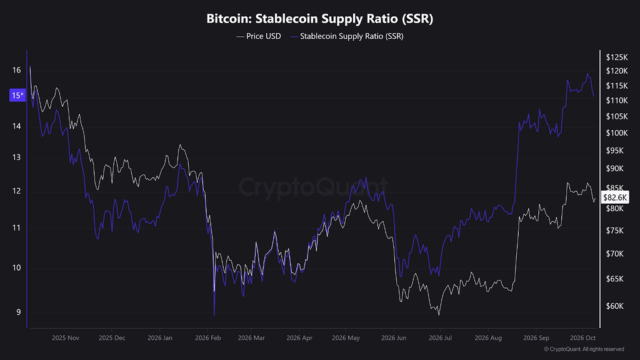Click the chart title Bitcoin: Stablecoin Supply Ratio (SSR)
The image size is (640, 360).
pos(319,19)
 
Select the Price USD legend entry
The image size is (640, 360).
pos(259,36)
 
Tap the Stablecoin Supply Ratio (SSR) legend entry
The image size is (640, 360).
pos(347,36)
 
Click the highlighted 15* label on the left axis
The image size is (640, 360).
pos(17,95)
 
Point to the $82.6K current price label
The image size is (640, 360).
pos(615,197)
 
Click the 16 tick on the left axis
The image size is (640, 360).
pos(16,70)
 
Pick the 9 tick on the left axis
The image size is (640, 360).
pos(18,312)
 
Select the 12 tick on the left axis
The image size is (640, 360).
pos(16,191)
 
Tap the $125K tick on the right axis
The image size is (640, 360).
pos(617,57)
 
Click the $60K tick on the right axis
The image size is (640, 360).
pos(615,306)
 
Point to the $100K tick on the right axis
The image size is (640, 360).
pos(617,133)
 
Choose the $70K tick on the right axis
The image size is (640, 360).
pos(615,254)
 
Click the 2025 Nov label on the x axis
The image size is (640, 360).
pos(66,338)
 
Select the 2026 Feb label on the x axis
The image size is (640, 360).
pos(207,338)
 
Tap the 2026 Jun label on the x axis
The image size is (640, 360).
pos(394,338)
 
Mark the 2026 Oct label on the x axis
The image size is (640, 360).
pos(583,338)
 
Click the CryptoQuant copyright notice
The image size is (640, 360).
pos(584,349)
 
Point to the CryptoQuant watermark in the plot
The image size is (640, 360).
pos(312,186)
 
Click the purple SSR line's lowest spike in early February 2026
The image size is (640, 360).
pos(214,315)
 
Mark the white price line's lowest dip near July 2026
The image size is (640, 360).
pos(439,315)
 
